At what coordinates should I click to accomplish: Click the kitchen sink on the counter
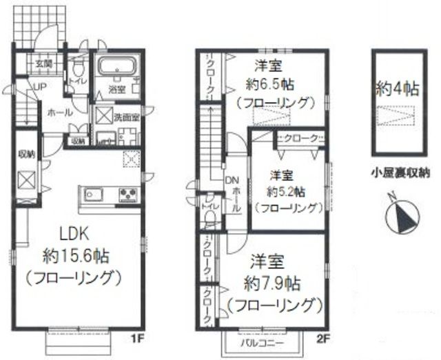coord(94,194)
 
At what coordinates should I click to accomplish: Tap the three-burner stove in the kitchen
coord(128,194)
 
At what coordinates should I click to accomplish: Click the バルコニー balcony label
coord(261,341)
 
